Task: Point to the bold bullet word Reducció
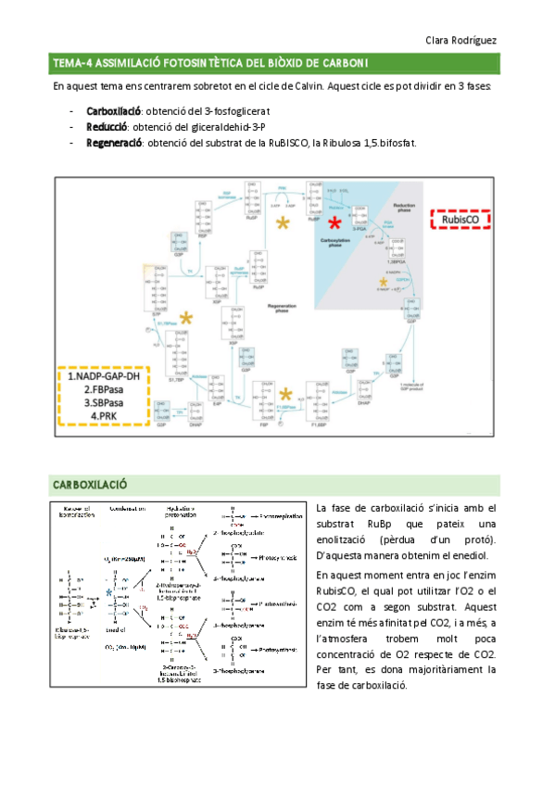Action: tap(107, 128)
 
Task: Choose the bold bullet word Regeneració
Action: tap(114, 144)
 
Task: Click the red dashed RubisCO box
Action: tap(460, 219)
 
